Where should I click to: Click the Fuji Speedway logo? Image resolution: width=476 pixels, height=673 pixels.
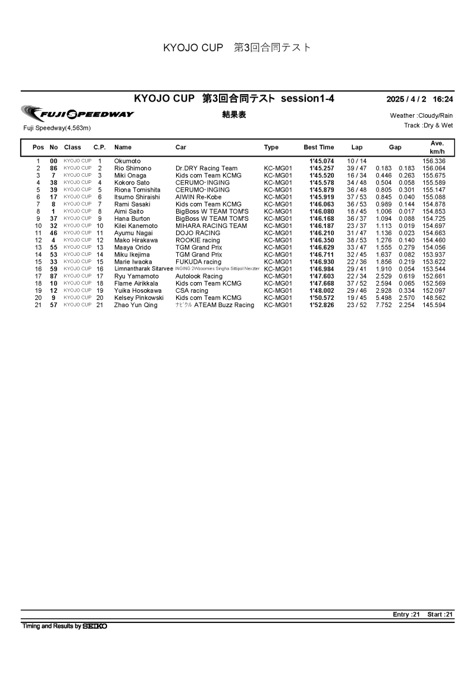point(77,114)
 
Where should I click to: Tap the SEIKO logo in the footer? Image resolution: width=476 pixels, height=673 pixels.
point(95,626)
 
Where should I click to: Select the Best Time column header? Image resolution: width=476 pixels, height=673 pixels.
point(319,147)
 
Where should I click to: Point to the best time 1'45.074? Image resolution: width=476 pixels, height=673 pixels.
point(322,161)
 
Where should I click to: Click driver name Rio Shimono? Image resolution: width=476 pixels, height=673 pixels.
point(133,168)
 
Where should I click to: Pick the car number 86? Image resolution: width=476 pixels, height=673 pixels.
point(54,168)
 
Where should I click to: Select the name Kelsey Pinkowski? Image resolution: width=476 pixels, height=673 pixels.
point(139,298)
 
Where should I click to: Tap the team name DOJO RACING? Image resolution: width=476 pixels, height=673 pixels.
point(198,233)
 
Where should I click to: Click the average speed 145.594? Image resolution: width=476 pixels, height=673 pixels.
point(434,305)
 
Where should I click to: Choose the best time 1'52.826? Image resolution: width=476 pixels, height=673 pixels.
point(322,305)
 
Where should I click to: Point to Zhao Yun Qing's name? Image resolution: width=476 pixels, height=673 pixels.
point(136,305)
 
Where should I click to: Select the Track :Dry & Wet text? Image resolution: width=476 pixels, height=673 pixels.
point(428,126)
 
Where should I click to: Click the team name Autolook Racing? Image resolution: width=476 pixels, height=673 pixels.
point(199,276)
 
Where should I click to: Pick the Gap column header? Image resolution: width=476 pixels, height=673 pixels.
point(395,147)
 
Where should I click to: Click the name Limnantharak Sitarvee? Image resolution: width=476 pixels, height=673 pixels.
point(143,269)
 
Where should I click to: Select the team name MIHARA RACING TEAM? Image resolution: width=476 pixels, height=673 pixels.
point(211,226)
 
